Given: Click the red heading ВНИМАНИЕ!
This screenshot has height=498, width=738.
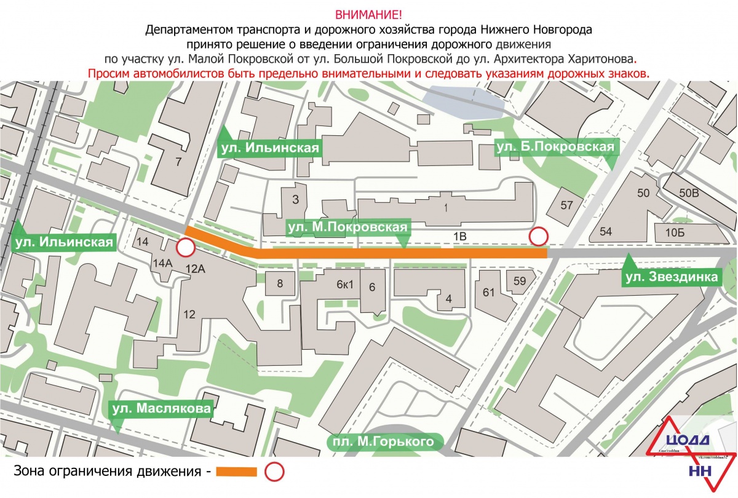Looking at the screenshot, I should [x=368, y=14].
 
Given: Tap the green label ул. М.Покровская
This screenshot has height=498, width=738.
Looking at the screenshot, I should [x=347, y=228].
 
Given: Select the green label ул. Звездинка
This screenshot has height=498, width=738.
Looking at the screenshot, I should [x=671, y=277].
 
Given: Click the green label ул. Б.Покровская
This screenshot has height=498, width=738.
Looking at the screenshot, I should [x=555, y=146].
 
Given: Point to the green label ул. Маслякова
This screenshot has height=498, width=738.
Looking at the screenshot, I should [x=162, y=409].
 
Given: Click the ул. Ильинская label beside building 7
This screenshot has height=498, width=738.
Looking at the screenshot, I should [x=270, y=148].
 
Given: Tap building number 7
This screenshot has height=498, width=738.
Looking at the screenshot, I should [x=178, y=162].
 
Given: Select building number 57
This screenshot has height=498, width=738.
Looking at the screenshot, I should [x=566, y=205].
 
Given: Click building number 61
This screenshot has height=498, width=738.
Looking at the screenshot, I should [x=490, y=293].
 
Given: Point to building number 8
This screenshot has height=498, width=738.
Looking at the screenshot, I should [x=280, y=283].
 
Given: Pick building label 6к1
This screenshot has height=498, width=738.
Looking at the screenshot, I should [x=344, y=285].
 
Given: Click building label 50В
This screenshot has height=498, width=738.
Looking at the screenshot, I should [x=689, y=193].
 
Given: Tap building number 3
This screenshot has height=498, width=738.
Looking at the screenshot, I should [x=295, y=199].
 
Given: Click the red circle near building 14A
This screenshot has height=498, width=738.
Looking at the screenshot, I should [x=185, y=248].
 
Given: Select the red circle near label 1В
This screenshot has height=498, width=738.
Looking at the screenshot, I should [x=539, y=236].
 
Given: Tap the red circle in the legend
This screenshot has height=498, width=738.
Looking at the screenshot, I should [x=274, y=472].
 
